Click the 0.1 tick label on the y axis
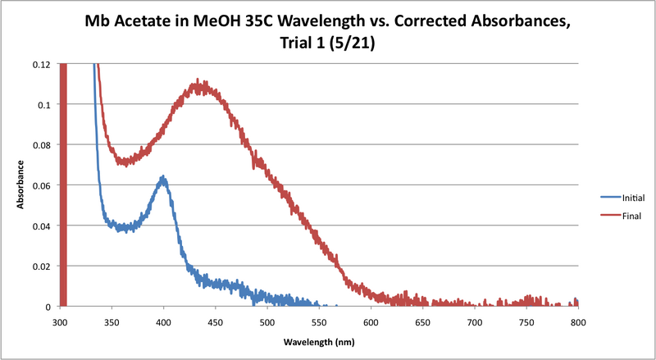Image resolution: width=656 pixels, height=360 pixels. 45,105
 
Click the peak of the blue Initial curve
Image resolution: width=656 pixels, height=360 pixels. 163,177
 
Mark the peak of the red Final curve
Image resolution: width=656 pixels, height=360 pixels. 198,83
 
